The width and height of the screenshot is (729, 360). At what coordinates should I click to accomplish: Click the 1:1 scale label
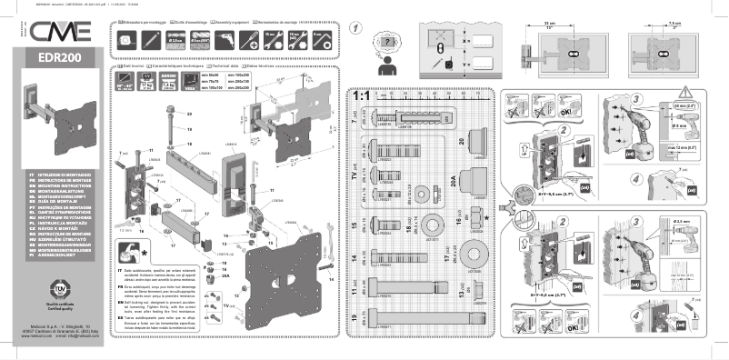[x=360, y=94]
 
